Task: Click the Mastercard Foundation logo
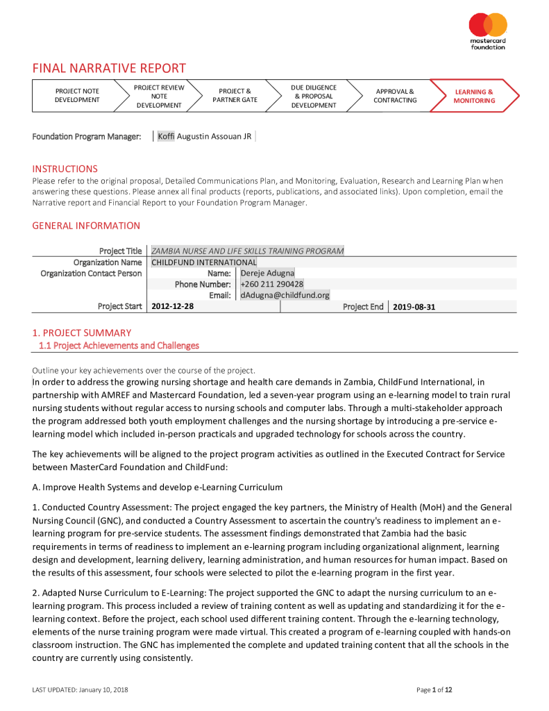(488, 31)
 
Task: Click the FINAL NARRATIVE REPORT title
(109, 68)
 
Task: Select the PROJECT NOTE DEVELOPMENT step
(77, 96)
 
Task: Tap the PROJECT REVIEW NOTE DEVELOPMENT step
(159, 96)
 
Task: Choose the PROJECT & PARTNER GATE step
(235, 96)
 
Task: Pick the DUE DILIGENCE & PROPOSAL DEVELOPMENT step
(314, 96)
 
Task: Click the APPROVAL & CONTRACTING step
(394, 96)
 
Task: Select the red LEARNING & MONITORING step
(474, 96)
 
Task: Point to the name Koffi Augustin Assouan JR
(205, 136)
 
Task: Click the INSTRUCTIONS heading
(65, 169)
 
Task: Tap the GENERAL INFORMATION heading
(86, 226)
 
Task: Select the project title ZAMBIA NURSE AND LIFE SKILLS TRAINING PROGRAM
(247, 251)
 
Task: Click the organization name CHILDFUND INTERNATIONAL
(203, 262)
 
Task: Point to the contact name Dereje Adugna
(267, 273)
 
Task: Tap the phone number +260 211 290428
(271, 284)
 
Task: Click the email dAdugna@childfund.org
(285, 295)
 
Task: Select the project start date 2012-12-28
(172, 306)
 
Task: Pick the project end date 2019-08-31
(414, 306)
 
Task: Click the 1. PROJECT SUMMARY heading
(81, 333)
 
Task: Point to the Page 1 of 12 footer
(434, 689)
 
